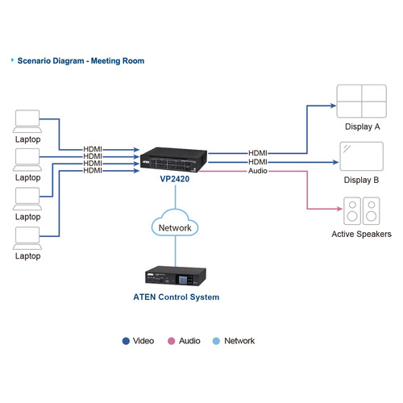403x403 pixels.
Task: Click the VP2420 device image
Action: (x=173, y=158)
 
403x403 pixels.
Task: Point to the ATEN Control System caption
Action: (x=175, y=297)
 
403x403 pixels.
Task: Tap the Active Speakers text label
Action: (x=361, y=235)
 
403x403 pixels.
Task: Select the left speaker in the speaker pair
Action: (x=351, y=212)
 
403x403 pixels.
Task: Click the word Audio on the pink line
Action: (x=257, y=171)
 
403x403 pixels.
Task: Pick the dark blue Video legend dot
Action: (x=126, y=341)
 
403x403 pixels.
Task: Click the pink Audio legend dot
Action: (x=171, y=341)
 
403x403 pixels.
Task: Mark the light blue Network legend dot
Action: (x=215, y=341)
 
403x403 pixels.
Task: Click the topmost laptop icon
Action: (x=27, y=121)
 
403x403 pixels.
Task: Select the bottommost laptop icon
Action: (x=27, y=237)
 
